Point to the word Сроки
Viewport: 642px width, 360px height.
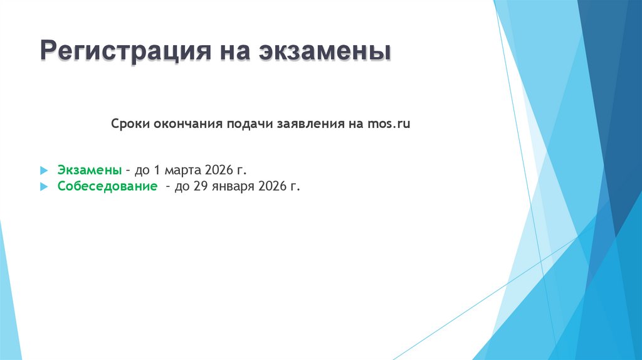click(x=129, y=124)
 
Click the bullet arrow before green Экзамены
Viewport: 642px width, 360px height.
click(x=43, y=171)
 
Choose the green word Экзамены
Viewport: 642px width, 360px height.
click(x=90, y=170)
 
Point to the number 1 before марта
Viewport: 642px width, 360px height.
click(x=157, y=170)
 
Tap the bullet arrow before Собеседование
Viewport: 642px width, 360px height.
click(x=43, y=187)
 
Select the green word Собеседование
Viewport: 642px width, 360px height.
click(x=107, y=186)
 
